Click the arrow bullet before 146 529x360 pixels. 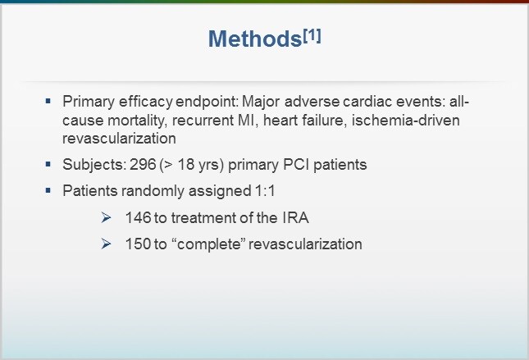point(104,218)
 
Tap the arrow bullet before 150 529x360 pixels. point(104,244)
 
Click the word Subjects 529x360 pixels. point(90,165)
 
